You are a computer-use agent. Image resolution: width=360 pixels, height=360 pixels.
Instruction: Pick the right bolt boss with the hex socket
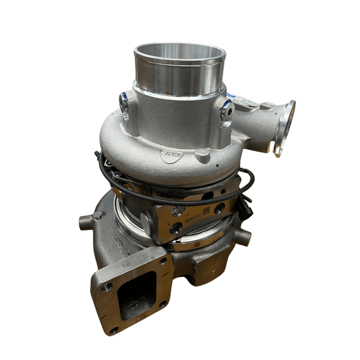227,111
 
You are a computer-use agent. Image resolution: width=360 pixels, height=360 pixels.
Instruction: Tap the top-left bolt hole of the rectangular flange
107,287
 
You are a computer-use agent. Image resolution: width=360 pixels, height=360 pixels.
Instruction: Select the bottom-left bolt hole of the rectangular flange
114,330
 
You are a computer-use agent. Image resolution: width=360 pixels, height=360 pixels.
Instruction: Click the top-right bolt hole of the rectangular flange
163,262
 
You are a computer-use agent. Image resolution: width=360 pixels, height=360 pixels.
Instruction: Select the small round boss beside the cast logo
202,154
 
